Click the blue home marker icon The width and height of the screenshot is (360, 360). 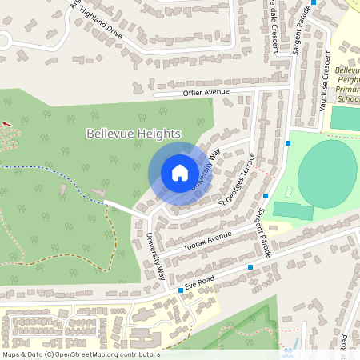pyautogui.click(x=179, y=172)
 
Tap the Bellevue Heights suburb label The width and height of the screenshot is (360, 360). pyautogui.click(x=134, y=134)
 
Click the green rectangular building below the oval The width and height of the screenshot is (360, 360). pyautogui.click(x=293, y=211)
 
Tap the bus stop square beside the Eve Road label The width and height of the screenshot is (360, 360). pyautogui.click(x=181, y=290)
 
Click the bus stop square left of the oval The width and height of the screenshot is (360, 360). pyautogui.click(x=287, y=143)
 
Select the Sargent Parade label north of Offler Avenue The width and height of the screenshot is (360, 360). pyautogui.click(x=302, y=34)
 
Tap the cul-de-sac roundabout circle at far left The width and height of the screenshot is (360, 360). pyautogui.click(x=4, y=40)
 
